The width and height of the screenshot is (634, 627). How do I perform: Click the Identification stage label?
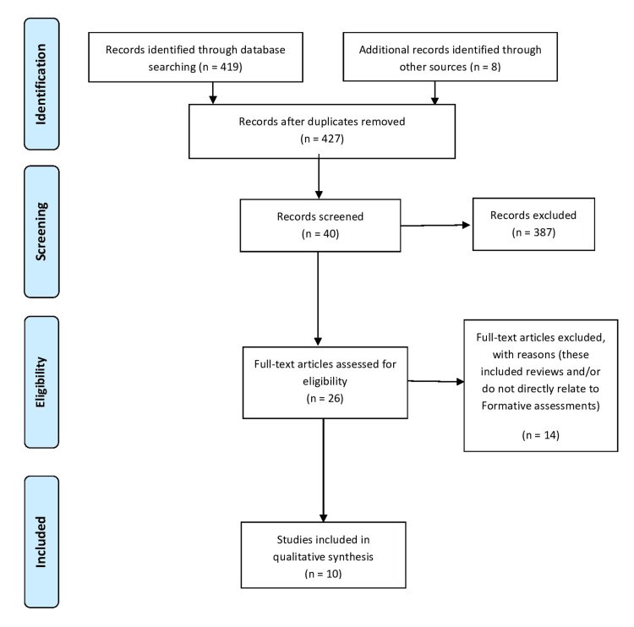tap(41, 85)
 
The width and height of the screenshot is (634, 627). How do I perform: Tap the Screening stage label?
tap(41, 232)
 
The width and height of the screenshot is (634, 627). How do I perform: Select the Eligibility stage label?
tap(41, 382)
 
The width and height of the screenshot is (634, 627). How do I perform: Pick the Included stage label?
tap(41, 542)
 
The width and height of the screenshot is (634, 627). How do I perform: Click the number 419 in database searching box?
tap(230, 67)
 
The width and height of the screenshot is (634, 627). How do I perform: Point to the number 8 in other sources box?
tap(495, 67)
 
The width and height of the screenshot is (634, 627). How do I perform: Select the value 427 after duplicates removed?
tap(331, 139)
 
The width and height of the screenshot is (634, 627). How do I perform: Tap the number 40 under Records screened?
tap(330, 234)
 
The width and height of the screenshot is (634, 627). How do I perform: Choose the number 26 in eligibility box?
tap(335, 398)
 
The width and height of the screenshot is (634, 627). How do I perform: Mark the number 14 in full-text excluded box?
tap(550, 435)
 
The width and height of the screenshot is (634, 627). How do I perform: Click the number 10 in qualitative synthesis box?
tap(333, 574)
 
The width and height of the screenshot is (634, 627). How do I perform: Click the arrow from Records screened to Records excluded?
tap(435, 225)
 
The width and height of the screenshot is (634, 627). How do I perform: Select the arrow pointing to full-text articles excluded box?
tap(436, 381)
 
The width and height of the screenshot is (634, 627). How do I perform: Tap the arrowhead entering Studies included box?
tap(323, 518)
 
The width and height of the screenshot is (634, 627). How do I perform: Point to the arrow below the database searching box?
tap(213, 93)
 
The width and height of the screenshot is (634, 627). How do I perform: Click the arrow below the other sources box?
tap(435, 93)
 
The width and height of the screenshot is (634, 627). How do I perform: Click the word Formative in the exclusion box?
tap(502, 406)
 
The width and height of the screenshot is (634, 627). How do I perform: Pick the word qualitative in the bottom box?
tap(298, 557)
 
